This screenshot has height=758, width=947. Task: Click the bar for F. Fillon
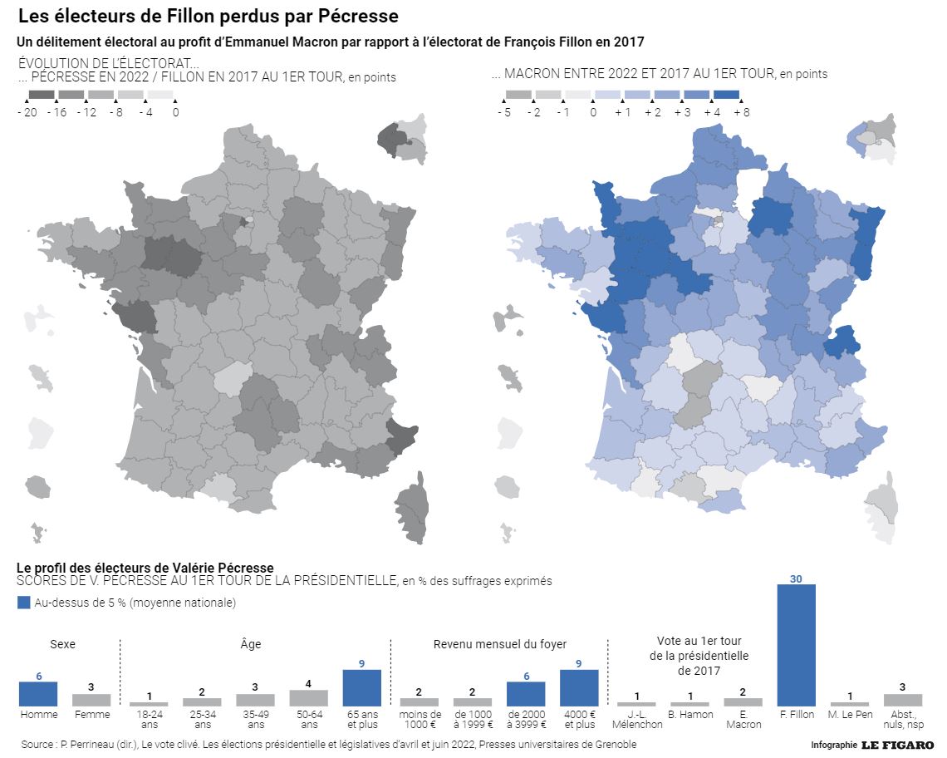[796, 645]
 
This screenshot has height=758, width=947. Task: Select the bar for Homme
[38, 694]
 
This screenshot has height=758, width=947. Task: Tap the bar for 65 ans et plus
[362, 688]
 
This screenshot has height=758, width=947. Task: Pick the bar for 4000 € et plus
[579, 688]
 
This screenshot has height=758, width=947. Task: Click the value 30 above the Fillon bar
[796, 578]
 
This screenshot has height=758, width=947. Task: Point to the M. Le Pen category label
[850, 715]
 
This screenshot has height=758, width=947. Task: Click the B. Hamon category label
[690, 715]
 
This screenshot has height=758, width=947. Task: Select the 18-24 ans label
[149, 719]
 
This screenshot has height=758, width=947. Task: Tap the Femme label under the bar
[91, 715]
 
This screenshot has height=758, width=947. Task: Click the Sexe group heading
[63, 644]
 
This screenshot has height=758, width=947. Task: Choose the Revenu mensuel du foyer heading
[500, 644]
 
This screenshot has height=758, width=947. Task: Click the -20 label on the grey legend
[27, 112]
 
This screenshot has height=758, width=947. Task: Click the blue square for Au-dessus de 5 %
[24, 603]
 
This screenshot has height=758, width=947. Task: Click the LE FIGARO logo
[897, 745]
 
